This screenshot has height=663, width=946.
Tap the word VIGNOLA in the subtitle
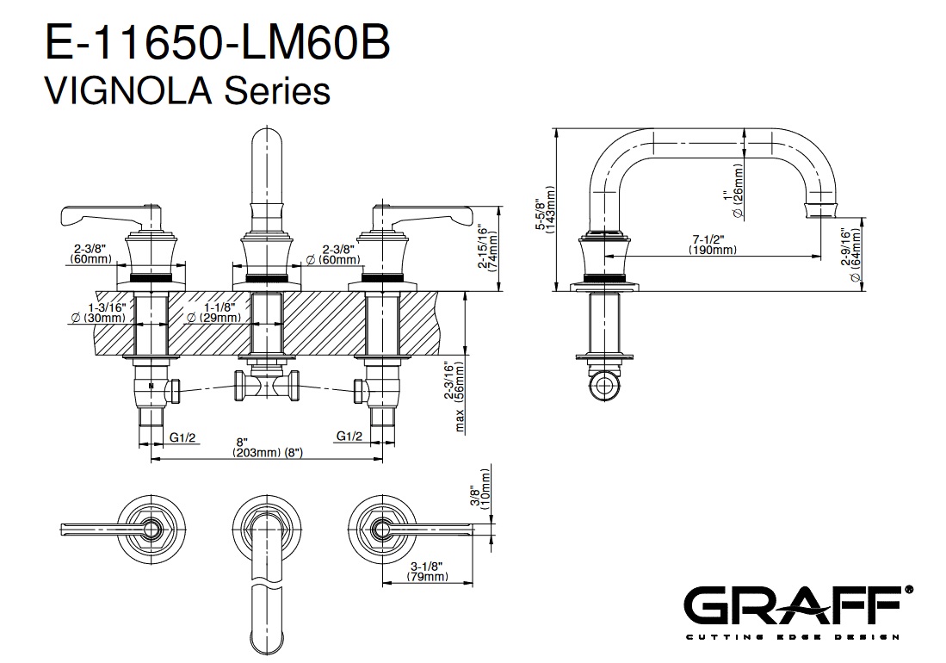point(128,91)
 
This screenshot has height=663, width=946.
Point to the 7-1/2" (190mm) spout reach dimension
point(713,245)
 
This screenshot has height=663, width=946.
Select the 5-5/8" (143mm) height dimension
point(545,209)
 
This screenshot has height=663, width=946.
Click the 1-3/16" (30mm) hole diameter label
point(98,313)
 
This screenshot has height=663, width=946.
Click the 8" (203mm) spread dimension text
point(267,447)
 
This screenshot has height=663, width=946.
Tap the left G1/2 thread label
point(182,437)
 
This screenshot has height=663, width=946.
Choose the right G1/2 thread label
point(349,436)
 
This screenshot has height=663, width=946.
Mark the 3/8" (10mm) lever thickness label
point(481,490)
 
